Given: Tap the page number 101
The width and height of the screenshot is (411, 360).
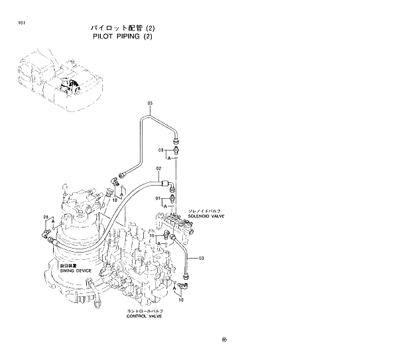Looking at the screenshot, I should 23,24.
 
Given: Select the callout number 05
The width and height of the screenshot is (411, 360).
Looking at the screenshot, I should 150,103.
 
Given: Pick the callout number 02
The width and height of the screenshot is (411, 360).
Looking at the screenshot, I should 159,168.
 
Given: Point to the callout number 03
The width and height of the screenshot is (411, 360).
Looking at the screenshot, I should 201,257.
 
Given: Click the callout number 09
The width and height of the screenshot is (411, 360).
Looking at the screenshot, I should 160,151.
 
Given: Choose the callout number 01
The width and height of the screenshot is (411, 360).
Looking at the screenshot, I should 158,198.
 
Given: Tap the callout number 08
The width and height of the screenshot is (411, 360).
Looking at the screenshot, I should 46,216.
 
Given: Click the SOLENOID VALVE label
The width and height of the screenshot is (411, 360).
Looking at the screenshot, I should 206,215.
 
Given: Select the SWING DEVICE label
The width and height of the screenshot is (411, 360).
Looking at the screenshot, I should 76,270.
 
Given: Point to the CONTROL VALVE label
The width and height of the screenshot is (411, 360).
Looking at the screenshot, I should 145,316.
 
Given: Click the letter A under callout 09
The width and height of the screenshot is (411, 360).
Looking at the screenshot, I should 170,158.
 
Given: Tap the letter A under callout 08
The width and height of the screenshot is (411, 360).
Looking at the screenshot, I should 52,223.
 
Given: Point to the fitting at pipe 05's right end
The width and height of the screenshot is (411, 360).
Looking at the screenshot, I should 176,141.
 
